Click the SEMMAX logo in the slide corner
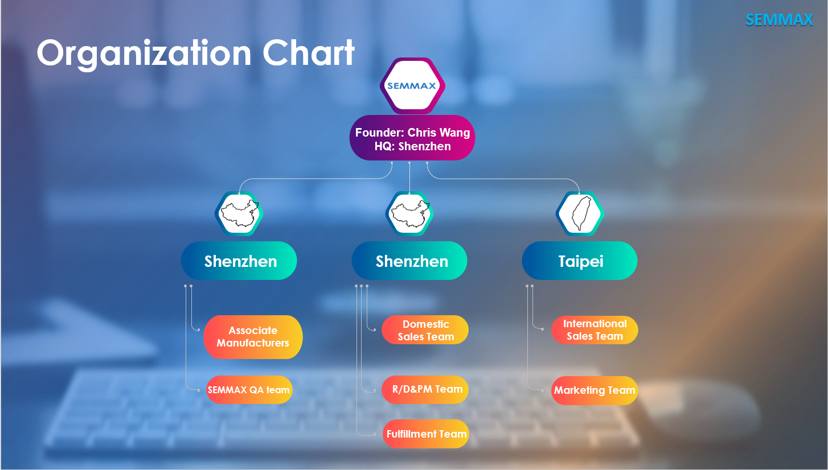(x=779, y=20)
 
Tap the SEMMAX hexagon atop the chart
(x=412, y=86)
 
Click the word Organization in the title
(x=144, y=54)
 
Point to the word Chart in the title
(x=309, y=53)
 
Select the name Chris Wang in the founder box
(x=438, y=133)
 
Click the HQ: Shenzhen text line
(x=412, y=146)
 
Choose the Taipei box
(x=580, y=261)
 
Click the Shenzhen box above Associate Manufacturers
(x=239, y=261)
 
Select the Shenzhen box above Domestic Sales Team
(x=409, y=261)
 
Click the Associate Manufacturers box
(x=253, y=337)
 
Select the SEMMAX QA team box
(x=249, y=390)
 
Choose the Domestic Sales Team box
(x=425, y=329)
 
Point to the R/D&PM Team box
(x=425, y=390)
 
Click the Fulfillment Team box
(x=426, y=434)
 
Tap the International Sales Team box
(x=595, y=329)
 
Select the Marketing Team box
(x=595, y=390)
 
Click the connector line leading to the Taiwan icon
(x=503, y=179)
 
